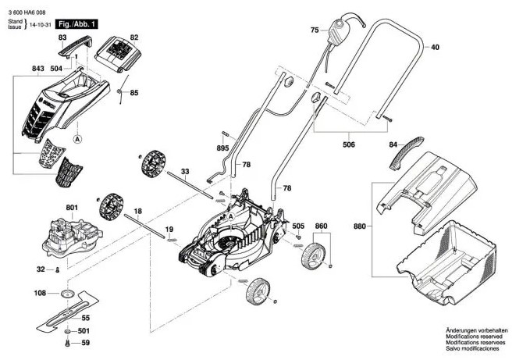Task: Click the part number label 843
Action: point(38,69)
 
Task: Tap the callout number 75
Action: point(315,30)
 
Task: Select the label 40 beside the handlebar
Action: point(435,48)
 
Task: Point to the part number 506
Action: point(348,144)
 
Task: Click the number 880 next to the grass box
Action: point(358,227)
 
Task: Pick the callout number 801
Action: point(72,208)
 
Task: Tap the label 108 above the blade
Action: point(40,294)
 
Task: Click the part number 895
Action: point(222,148)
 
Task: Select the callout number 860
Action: point(321,226)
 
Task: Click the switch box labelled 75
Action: point(341,32)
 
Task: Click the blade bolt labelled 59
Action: point(68,342)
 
